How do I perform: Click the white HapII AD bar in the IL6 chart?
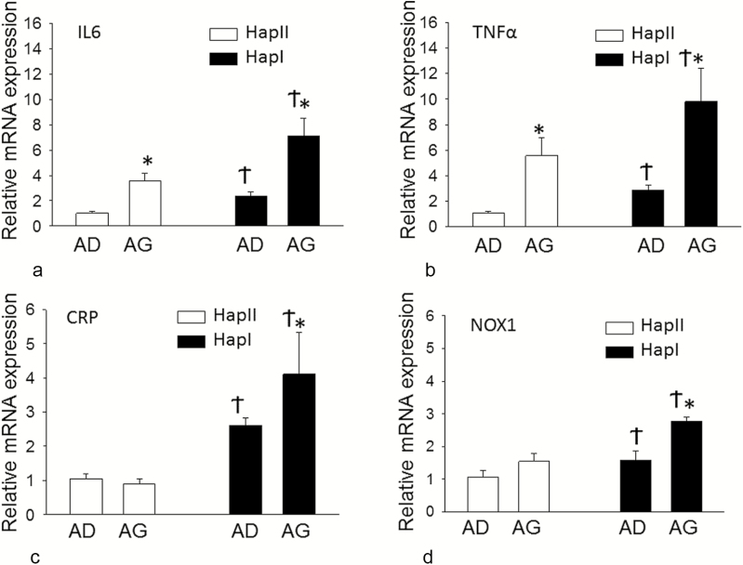[91, 219]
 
